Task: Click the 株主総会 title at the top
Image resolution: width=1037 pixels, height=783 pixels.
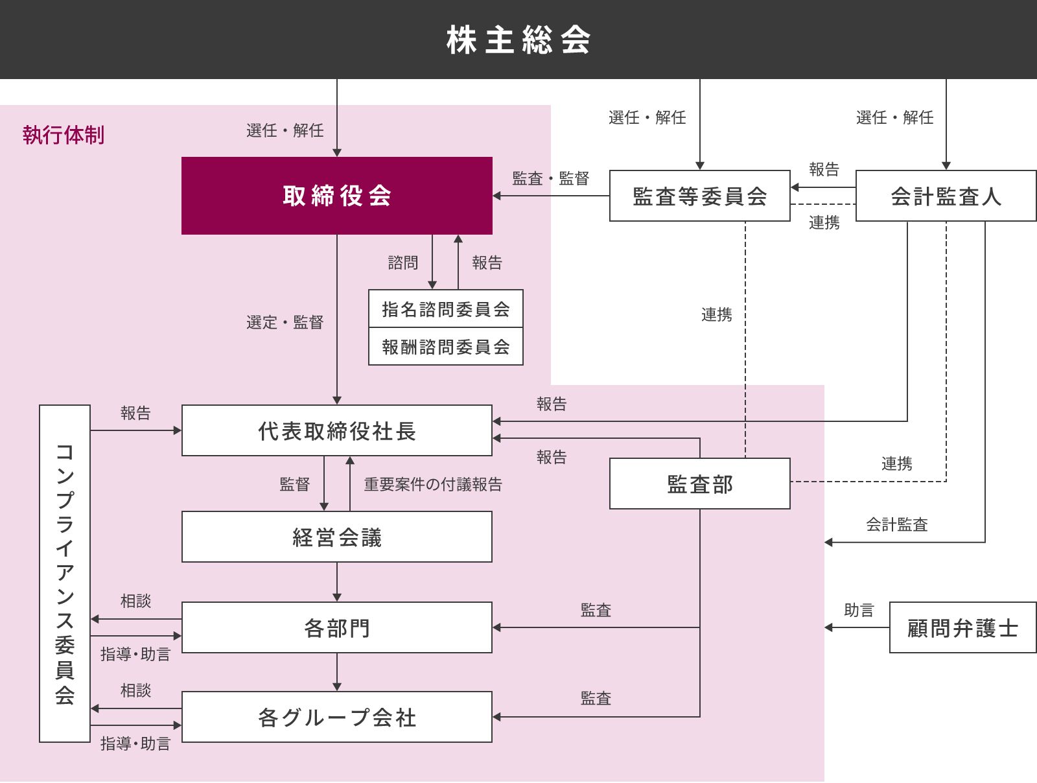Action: point(518,40)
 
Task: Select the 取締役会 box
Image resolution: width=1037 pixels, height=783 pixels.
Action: point(336,196)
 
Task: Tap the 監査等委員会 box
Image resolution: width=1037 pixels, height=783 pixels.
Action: point(699,196)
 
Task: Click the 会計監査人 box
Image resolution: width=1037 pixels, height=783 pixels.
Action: point(946,196)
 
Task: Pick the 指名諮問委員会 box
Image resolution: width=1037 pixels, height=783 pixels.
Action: point(445,309)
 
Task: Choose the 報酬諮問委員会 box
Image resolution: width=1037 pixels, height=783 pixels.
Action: point(445,347)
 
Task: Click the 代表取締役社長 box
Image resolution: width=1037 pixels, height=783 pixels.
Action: point(336,430)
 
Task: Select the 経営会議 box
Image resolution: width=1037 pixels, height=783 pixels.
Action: point(336,537)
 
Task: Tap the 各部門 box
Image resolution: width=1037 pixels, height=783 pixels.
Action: point(336,627)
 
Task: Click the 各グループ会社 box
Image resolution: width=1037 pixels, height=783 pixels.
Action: point(336,717)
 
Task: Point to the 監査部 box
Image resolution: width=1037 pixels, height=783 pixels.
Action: point(699,484)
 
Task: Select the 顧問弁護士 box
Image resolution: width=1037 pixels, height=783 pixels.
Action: point(962,627)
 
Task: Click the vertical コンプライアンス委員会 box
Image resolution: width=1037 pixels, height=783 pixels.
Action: point(64,573)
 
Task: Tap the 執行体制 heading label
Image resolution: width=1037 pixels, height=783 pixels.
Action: point(64,135)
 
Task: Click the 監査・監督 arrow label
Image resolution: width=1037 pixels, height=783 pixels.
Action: point(550,178)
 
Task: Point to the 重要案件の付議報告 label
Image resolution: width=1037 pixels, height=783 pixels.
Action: point(433,484)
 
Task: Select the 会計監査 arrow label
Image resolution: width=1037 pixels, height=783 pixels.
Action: point(897,524)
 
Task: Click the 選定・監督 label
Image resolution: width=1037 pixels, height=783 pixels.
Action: point(285,322)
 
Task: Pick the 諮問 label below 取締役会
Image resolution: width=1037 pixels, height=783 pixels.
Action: point(403,263)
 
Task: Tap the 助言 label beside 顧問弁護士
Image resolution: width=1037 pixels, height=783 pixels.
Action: point(859,610)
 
